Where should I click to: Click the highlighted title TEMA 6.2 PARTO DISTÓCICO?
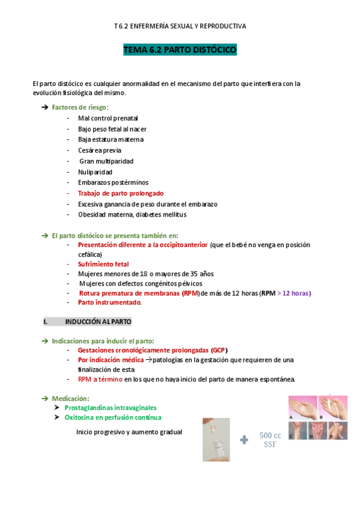(x=180, y=50)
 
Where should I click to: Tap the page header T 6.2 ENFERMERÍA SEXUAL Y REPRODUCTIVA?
(x=180, y=26)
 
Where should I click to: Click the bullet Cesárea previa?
(x=99, y=150)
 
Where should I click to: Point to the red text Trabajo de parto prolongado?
(x=120, y=193)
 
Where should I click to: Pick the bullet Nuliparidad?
(x=95, y=171)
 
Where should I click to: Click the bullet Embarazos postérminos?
(x=113, y=182)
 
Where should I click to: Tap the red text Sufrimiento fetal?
(x=103, y=264)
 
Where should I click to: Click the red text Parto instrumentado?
(x=109, y=303)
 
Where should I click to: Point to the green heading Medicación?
(x=70, y=398)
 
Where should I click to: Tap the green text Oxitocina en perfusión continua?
(x=112, y=417)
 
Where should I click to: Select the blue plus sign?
(x=244, y=440)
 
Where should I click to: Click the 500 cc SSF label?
(x=270, y=440)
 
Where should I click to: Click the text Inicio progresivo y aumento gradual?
(x=129, y=432)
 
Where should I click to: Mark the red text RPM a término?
(x=100, y=379)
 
